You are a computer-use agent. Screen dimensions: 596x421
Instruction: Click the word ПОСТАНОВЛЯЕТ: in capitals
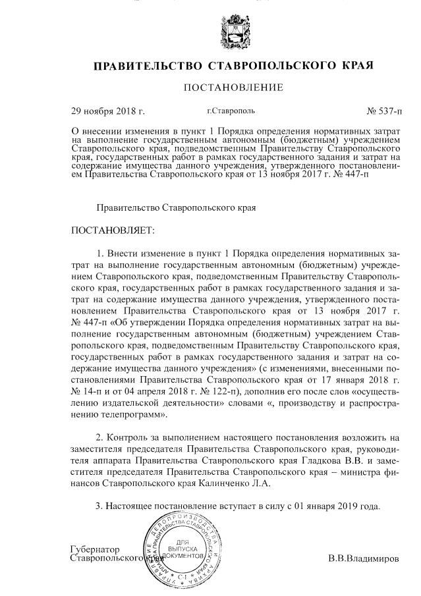(113, 231)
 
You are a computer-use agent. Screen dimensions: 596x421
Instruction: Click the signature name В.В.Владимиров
(363, 558)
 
